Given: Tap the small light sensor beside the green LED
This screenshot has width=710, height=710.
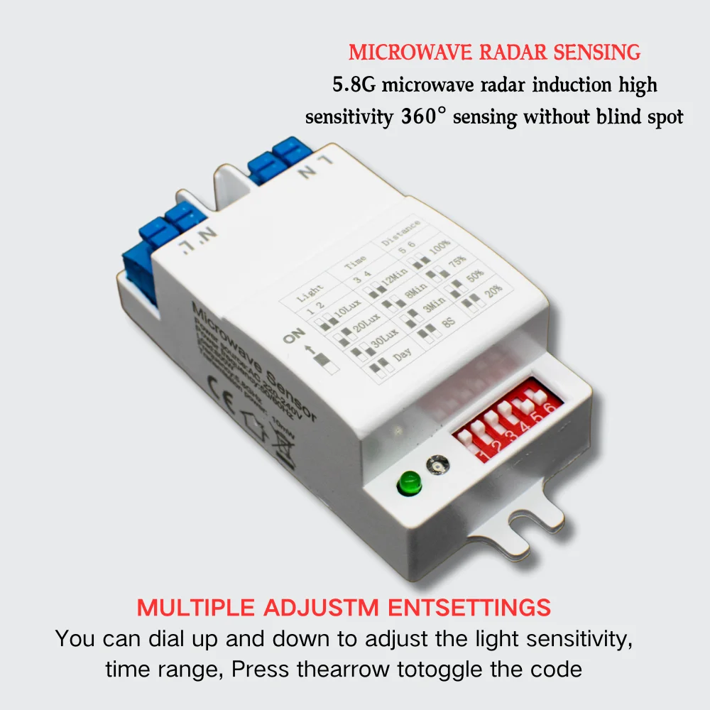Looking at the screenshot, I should [437, 465].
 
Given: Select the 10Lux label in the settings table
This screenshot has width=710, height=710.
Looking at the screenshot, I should [349, 312].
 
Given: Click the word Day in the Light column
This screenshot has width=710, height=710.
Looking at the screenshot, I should [403, 354].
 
